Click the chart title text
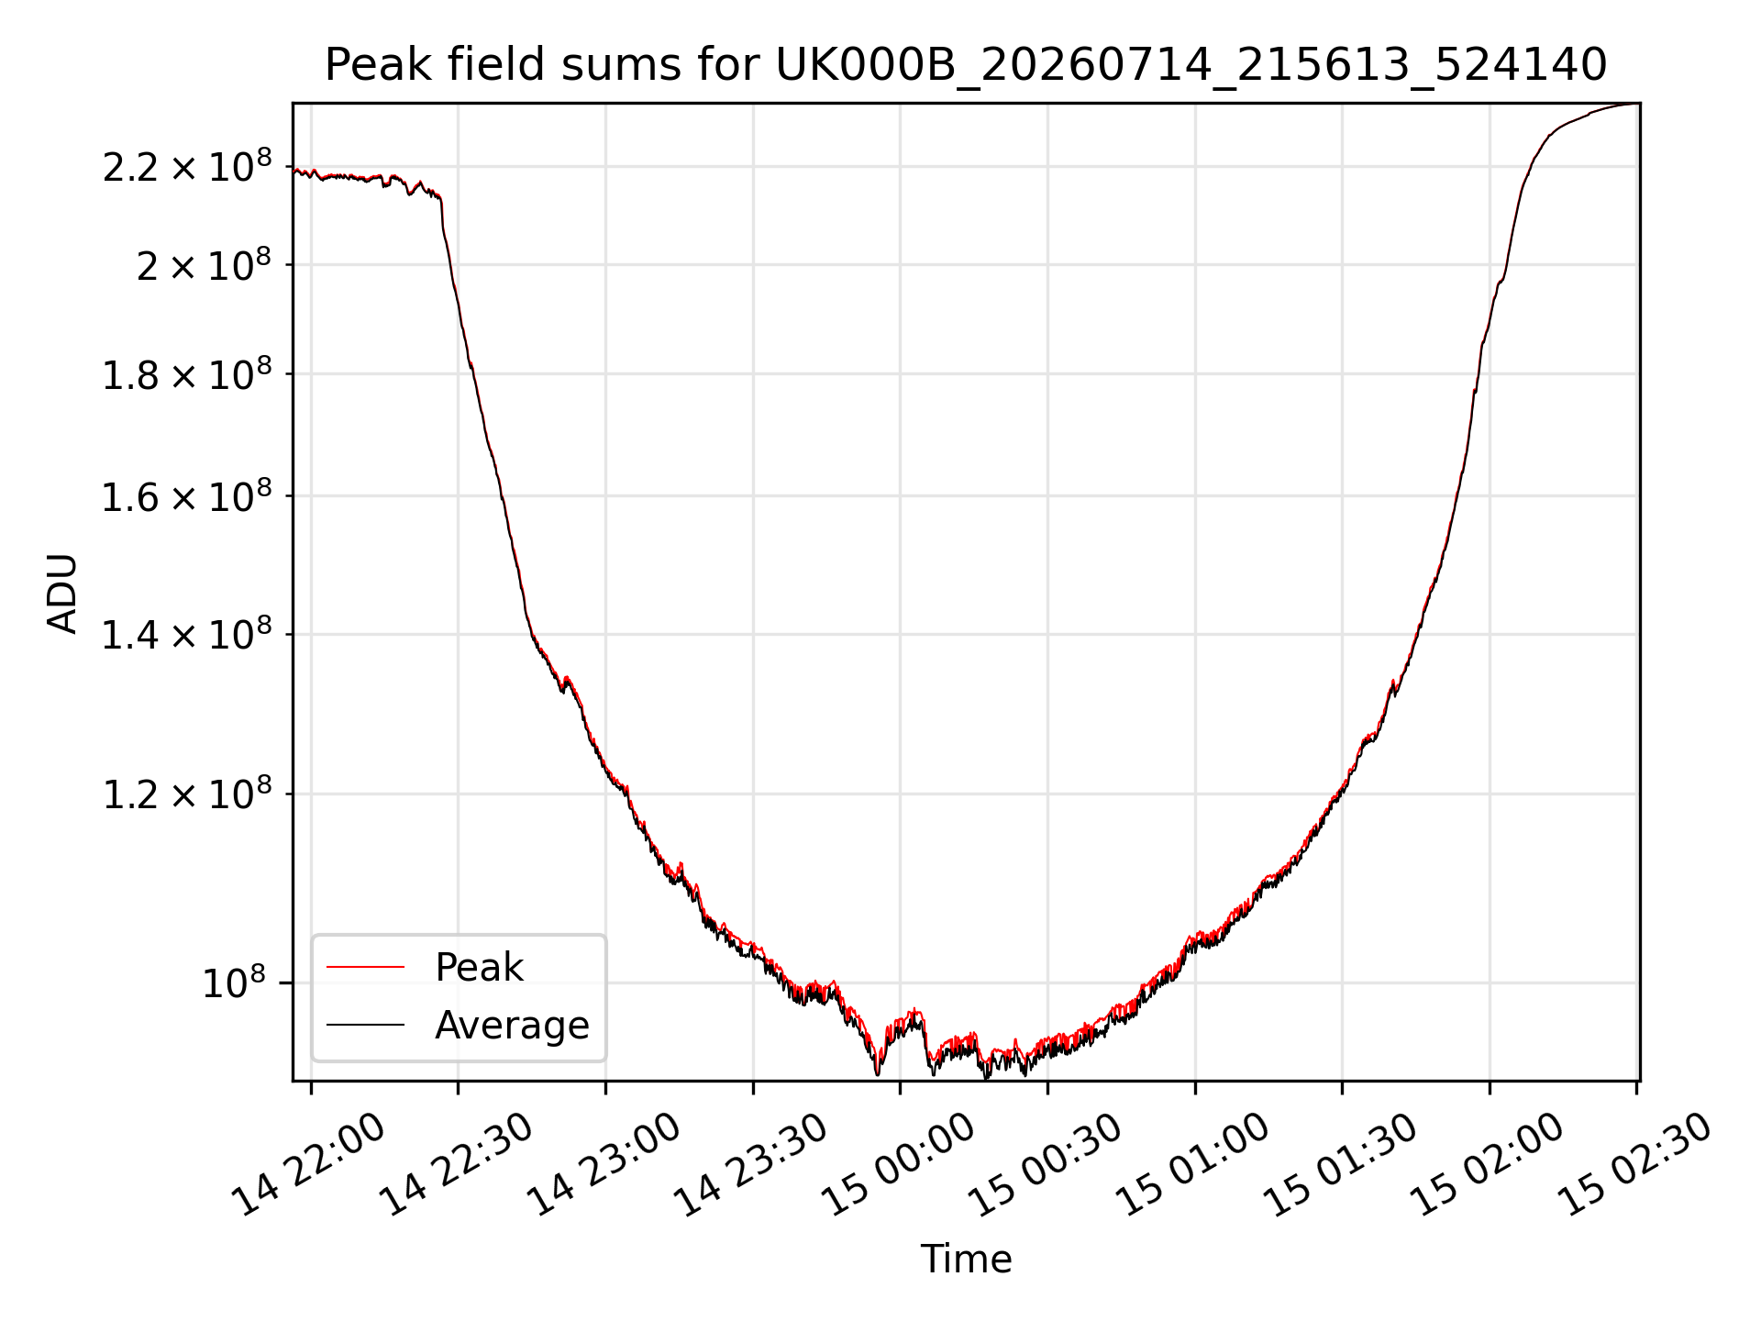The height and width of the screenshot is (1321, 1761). [966, 65]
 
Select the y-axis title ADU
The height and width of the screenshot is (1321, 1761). [62, 593]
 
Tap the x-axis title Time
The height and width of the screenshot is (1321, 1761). [966, 1259]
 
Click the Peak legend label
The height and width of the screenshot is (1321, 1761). [479, 967]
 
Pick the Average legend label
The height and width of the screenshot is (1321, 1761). [512, 1025]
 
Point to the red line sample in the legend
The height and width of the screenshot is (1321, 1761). [365, 967]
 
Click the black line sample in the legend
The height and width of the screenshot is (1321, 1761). [365, 1025]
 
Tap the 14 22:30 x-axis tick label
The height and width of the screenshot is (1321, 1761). [457, 1165]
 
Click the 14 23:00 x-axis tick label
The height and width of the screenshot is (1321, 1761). [604, 1165]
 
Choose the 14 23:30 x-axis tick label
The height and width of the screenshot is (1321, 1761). [752, 1165]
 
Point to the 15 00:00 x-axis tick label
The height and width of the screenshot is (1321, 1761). [899, 1165]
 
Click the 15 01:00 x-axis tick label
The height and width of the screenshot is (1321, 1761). [1193, 1165]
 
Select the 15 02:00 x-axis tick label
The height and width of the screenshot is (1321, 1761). [1488, 1165]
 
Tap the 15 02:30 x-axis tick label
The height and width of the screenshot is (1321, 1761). [1635, 1165]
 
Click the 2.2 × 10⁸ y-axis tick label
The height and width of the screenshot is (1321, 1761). [187, 166]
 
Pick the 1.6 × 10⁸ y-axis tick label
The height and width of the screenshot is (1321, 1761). [187, 495]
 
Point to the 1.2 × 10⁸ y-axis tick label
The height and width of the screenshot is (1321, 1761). [187, 794]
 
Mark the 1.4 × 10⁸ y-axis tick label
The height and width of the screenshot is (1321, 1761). [187, 634]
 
